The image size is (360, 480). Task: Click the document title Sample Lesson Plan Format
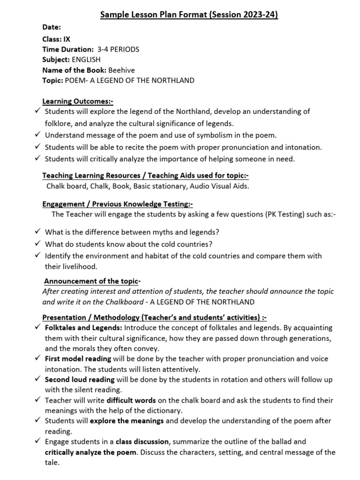(189, 15)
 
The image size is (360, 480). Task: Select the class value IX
(67, 39)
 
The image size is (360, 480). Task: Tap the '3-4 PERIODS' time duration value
(118, 49)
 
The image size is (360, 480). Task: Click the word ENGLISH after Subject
(86, 60)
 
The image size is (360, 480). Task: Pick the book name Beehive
(121, 70)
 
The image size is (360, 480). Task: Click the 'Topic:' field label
(52, 80)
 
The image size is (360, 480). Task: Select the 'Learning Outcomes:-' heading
(78, 101)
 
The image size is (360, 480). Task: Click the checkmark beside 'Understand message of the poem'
(37, 135)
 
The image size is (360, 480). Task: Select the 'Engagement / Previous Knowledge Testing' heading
(117, 204)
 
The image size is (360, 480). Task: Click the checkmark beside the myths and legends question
(37, 232)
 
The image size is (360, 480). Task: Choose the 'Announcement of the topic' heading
(92, 281)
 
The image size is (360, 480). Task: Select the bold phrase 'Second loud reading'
(80, 380)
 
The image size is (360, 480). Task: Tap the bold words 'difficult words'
(131, 400)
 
